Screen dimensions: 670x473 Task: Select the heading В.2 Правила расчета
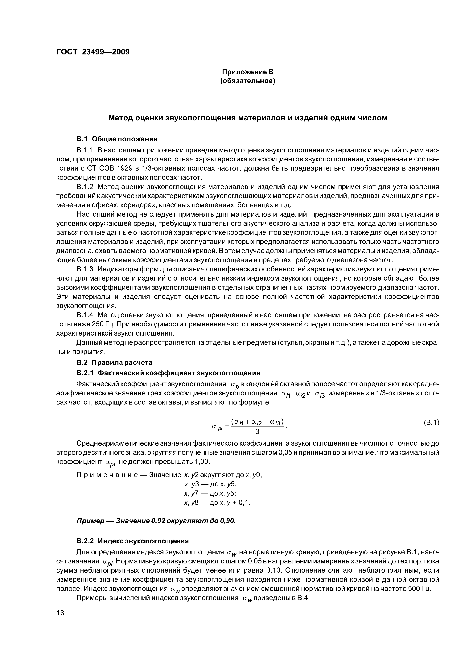click(x=114, y=363)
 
